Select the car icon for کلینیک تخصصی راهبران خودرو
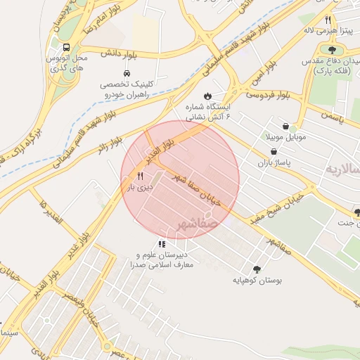(126, 73)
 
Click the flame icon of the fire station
(207, 96)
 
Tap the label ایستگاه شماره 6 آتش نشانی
(208, 113)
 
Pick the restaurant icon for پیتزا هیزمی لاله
(328, 20)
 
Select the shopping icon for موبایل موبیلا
(285, 126)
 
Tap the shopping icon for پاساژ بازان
(273, 151)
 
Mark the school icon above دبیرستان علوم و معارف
(162, 243)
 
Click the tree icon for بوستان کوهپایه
(257, 269)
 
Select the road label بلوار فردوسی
(268, 93)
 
